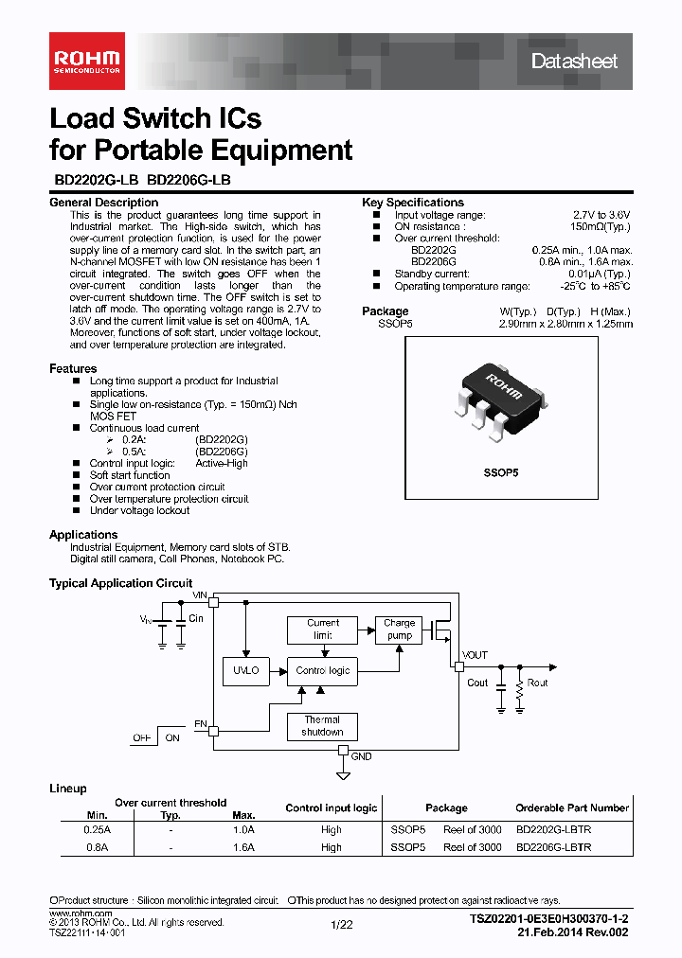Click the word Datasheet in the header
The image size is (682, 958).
point(574,62)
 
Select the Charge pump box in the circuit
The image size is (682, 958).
point(400,630)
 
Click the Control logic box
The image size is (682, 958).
point(323,670)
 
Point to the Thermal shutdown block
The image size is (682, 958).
point(322,726)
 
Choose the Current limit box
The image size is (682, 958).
point(323,630)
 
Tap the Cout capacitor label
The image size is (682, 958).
point(478,683)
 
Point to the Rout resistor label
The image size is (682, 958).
point(537,683)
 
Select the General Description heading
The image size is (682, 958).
point(103,203)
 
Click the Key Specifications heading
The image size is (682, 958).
point(413,203)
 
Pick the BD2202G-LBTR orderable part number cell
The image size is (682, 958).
point(554,828)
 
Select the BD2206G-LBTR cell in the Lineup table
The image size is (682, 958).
point(554,847)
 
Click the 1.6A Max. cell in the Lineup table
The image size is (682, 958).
point(243,847)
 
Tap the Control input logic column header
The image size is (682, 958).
point(332,808)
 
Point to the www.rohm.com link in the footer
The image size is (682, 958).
point(80,913)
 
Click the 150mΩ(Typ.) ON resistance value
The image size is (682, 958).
point(601,227)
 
